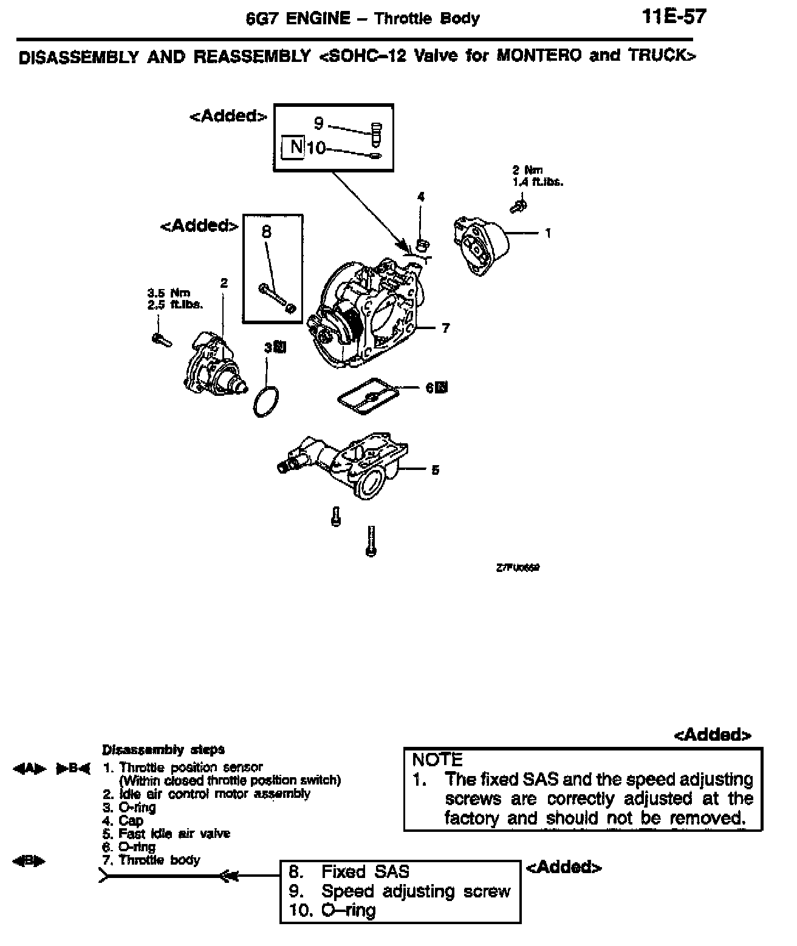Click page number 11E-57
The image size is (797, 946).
tap(674, 16)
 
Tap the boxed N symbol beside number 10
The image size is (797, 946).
tap(295, 147)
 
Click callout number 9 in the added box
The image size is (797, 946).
tap(319, 124)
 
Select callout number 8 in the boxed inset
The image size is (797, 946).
tap(266, 231)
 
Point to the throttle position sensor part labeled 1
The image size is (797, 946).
tap(481, 243)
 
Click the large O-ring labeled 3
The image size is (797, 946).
tap(267, 401)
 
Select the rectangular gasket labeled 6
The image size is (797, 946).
tap(368, 396)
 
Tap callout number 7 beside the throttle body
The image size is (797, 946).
tap(446, 328)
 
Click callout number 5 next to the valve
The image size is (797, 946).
tap(435, 470)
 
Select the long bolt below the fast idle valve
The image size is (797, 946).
tap(371, 540)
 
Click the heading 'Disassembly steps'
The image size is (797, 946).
tap(163, 750)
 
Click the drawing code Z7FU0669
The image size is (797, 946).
tap(518, 568)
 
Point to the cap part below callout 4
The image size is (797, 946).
tap(423, 245)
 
